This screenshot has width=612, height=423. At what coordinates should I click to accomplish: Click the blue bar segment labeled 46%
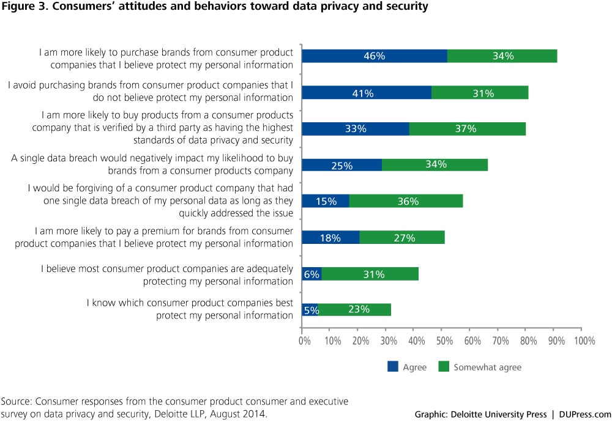click(375, 56)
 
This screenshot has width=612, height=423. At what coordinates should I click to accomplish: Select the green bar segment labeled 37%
click(467, 128)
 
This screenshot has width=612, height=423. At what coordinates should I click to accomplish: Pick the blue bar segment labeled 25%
click(343, 164)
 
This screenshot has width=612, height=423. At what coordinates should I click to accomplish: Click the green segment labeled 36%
click(406, 201)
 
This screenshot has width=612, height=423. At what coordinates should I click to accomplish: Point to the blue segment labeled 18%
click(330, 238)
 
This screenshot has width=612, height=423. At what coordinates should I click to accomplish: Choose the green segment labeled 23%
click(355, 309)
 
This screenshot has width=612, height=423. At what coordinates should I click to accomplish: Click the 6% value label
click(312, 274)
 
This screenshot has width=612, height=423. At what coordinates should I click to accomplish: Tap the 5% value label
click(311, 310)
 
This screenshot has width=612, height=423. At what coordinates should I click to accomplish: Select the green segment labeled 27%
click(401, 238)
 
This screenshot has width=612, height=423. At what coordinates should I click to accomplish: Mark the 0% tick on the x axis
click(304, 340)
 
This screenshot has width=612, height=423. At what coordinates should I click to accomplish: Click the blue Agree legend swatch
click(392, 367)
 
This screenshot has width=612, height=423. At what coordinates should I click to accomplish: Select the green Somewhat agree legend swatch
click(444, 367)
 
